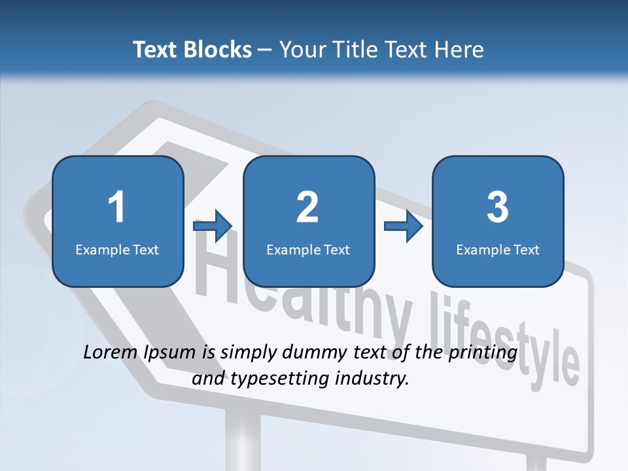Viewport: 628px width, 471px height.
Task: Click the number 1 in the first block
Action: [117, 208]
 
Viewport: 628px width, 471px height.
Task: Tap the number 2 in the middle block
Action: [307, 208]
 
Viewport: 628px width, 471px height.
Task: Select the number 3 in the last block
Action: [498, 208]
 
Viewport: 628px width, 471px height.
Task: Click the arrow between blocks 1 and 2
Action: [213, 226]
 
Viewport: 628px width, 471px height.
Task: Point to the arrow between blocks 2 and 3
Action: [403, 226]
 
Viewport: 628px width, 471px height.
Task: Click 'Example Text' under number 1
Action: [117, 250]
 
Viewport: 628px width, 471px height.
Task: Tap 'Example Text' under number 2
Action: [308, 250]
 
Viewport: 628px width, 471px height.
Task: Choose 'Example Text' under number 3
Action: [498, 250]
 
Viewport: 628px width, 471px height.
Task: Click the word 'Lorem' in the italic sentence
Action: [111, 353]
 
